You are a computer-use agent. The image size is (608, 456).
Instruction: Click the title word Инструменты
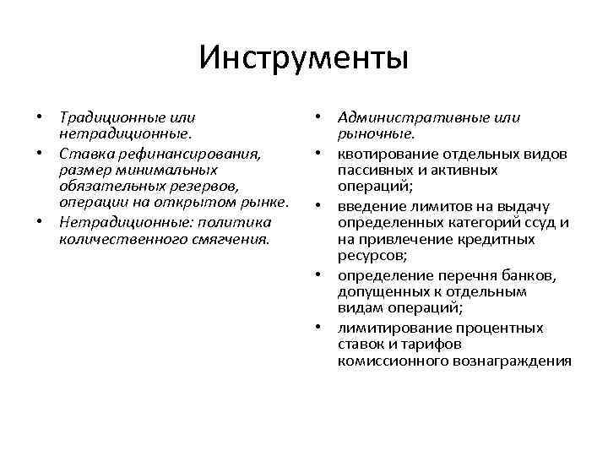coord(304,58)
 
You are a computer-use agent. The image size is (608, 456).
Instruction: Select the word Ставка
coord(84,153)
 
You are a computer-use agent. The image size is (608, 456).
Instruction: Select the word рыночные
coord(375,134)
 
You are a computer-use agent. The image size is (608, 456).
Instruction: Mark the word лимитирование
coord(393,328)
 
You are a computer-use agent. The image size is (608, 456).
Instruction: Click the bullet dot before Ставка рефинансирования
coord(41,154)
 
